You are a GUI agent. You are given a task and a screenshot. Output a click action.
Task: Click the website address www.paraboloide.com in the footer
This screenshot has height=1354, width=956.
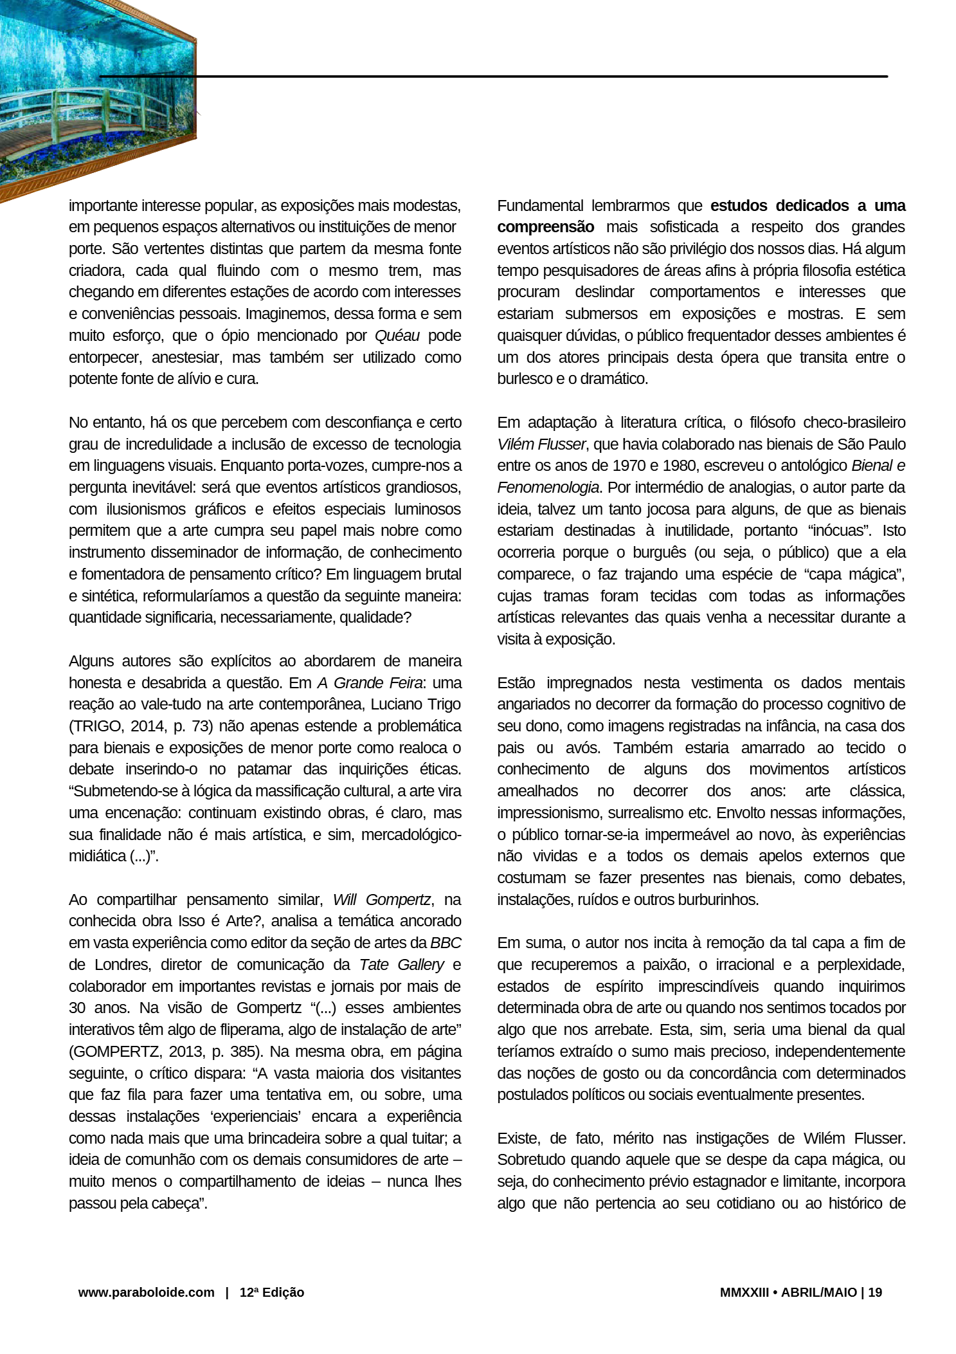tap(146, 1292)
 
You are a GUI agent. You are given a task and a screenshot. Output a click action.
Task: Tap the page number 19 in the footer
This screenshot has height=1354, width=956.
tap(875, 1292)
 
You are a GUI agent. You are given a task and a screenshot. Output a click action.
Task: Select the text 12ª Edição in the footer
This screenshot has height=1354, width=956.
tap(271, 1292)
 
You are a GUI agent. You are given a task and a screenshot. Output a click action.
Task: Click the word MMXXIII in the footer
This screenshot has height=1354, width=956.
tap(744, 1292)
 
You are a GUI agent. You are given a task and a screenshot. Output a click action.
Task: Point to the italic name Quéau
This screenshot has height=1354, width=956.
tap(397, 336)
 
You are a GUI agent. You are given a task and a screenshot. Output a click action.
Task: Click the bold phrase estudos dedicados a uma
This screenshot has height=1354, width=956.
tap(807, 206)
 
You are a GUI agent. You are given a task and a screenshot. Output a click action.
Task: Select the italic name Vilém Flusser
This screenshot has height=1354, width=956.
tap(541, 444)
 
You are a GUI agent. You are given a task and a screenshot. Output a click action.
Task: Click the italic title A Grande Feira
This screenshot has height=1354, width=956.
tap(370, 683)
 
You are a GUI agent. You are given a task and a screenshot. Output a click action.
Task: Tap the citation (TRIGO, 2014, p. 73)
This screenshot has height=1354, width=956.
tap(141, 726)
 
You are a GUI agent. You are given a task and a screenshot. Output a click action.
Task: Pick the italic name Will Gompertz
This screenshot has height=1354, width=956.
tap(381, 900)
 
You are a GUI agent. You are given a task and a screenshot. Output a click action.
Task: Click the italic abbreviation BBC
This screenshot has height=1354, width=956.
tap(446, 943)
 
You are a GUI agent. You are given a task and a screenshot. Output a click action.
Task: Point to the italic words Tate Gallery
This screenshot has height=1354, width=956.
tap(401, 965)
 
